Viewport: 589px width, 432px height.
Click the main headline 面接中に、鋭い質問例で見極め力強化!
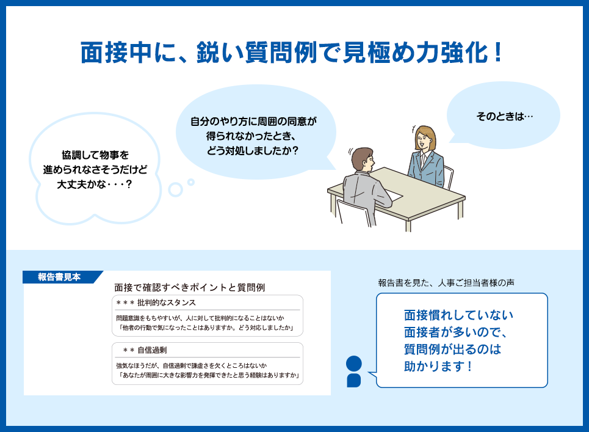coord(291,53)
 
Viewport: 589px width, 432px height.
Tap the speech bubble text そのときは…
coord(505,116)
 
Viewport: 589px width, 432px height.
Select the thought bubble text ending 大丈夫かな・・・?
coord(95,185)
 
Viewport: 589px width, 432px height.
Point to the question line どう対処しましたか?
coord(253,151)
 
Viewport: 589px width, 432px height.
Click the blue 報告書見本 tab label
coord(59,277)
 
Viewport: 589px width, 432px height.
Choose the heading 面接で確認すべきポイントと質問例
coord(190,288)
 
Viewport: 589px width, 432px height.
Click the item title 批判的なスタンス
coord(167,302)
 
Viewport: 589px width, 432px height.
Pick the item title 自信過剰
coord(152,350)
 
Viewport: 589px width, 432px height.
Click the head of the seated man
coord(363,159)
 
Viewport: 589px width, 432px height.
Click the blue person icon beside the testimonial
coord(353,372)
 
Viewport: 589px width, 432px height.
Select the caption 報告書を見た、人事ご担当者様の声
coord(446,283)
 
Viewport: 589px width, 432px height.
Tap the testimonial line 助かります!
coord(438,366)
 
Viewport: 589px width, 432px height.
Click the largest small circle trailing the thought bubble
coord(175,190)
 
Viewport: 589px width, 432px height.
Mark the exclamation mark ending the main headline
coord(498,53)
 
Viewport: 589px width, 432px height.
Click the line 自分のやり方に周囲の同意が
coord(253,122)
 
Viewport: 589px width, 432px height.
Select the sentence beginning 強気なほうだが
coord(192,365)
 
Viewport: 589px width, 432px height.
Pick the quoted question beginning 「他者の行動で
coord(206,328)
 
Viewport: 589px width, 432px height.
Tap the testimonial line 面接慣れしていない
coord(458,315)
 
